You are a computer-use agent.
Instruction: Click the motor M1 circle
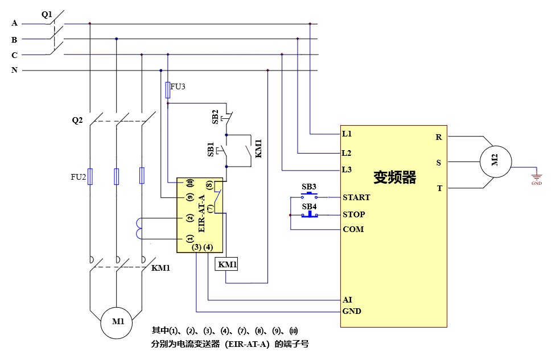[118, 321]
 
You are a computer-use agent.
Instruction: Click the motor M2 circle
[494, 161]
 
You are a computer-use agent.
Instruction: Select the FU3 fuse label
[178, 86]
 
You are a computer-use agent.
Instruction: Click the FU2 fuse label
[79, 177]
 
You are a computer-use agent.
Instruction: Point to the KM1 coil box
[226, 264]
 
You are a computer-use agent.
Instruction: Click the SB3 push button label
[309, 187]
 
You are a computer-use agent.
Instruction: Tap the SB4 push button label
[309, 206]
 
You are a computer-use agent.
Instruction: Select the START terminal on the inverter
[356, 197]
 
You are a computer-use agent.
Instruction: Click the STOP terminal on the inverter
[354, 214]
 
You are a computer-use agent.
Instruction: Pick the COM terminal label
[353, 229]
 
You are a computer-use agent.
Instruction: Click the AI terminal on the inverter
[347, 299]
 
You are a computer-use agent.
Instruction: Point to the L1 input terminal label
[347, 134]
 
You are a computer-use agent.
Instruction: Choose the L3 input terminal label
[347, 169]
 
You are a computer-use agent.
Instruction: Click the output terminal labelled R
[439, 137]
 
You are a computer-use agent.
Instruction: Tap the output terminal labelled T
[439, 188]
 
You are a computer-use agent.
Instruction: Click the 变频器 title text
[394, 177]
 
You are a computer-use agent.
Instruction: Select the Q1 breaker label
[47, 14]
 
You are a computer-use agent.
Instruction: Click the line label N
[14, 71]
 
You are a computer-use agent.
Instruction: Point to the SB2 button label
[215, 117]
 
